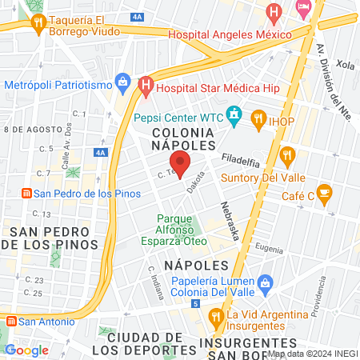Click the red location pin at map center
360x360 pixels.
(x=181, y=163)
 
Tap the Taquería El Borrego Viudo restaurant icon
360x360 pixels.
(x=38, y=25)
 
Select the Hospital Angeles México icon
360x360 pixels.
(x=274, y=12)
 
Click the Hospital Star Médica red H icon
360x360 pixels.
(x=145, y=83)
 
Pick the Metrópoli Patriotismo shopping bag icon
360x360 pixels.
(x=122, y=80)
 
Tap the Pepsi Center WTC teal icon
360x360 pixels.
(x=234, y=116)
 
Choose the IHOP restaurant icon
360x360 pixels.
(x=258, y=120)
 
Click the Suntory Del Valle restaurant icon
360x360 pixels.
(x=287, y=154)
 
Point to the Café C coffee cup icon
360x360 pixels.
(x=324, y=192)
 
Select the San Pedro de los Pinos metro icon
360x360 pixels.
(x=26, y=194)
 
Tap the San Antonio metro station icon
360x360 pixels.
(x=11, y=321)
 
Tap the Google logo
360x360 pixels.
(x=26, y=350)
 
